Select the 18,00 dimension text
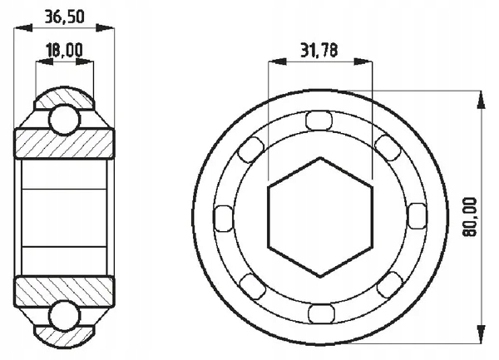(64, 51)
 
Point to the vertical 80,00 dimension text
(472, 218)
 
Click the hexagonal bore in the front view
(319, 217)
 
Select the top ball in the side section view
(64, 118)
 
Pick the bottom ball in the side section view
(64, 317)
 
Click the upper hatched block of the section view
(64, 143)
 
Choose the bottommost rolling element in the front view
(319, 313)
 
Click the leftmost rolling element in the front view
(223, 217)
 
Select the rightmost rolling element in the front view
(415, 217)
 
